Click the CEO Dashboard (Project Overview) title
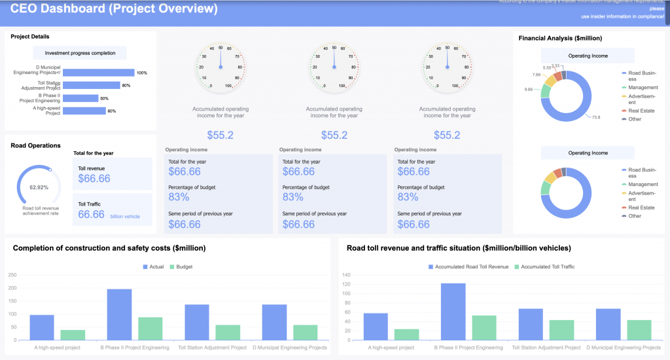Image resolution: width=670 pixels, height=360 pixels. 115,10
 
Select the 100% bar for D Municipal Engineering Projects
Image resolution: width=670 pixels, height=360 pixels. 99,73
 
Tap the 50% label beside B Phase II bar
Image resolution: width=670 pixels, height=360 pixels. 104,98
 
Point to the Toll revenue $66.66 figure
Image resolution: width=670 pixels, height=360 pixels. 94,178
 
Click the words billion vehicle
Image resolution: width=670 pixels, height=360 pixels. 125,215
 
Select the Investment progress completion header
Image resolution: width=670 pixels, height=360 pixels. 80,53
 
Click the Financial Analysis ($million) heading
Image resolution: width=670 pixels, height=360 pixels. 560,38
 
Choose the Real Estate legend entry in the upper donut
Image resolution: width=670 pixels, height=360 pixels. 641,111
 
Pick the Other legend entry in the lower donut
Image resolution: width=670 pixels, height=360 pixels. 635,215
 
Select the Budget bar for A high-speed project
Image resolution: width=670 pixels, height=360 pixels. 73,335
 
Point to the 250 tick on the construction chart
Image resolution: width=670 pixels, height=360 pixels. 12,276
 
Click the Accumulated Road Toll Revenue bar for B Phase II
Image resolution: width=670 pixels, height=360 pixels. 453,312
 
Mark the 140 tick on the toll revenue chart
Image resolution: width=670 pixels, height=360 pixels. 347,276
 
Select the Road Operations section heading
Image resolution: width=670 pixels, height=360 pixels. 36,145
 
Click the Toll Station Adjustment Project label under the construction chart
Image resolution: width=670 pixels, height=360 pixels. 212,348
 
